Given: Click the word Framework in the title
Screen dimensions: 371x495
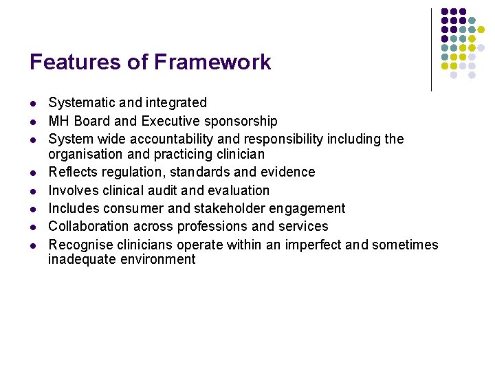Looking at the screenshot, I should (x=212, y=63).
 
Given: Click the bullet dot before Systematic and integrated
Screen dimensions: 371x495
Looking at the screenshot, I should (x=32, y=104).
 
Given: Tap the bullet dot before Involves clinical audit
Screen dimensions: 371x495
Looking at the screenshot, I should (x=32, y=191).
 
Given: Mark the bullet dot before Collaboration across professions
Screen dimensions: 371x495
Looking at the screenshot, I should (x=32, y=227).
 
